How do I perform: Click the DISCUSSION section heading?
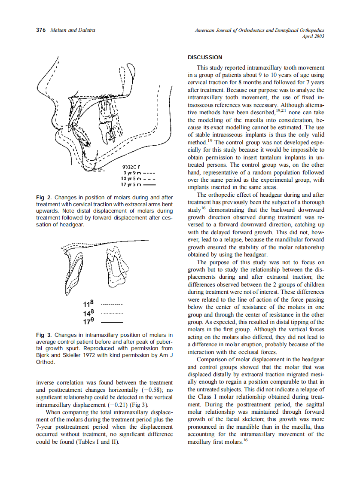point(205,58)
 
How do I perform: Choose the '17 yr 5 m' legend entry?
point(133,185)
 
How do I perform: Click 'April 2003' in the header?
point(314,37)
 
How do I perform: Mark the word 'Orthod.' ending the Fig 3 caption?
point(46,362)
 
